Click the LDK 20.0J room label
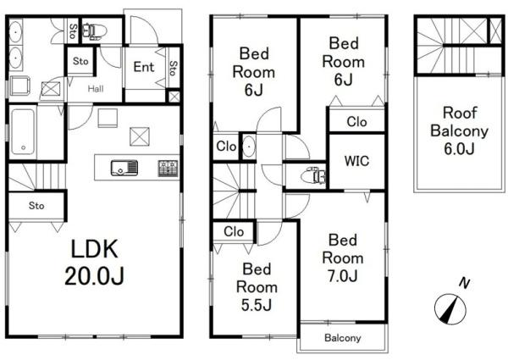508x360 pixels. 94,263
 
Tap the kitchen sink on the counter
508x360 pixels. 124,168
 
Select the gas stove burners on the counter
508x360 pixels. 168,169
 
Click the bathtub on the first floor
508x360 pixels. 23,131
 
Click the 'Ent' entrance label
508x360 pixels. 144,67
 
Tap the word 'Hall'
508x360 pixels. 96,89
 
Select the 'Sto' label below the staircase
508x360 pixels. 36,206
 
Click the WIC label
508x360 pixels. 356,161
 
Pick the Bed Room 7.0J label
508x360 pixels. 343,258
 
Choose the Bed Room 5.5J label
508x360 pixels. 257,287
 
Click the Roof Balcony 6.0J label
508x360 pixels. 460,131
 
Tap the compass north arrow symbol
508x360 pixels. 450,309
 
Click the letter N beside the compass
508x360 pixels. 465,284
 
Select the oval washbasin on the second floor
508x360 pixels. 249,147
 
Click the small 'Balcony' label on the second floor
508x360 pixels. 342,338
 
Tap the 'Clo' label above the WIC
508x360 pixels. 356,122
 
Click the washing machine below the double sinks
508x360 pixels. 19,86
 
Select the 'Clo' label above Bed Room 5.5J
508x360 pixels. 234,232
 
